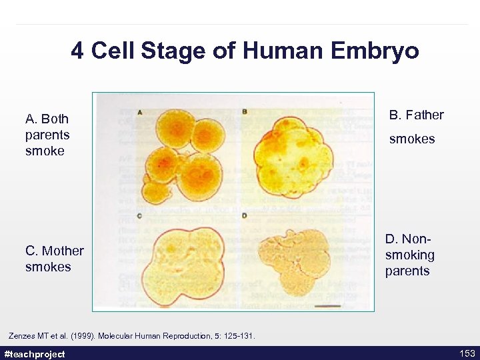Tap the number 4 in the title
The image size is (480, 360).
point(78,51)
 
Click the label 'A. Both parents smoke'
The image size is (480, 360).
point(47,135)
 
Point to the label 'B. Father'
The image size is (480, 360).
point(416,115)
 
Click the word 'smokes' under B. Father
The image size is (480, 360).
point(411,139)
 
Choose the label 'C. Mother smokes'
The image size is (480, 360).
point(54,259)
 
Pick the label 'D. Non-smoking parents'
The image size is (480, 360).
point(409,255)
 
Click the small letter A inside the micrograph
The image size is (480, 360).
point(139,112)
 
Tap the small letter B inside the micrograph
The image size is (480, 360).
point(244,111)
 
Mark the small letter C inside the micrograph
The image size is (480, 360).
point(139,215)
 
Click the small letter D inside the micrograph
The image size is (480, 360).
point(244,215)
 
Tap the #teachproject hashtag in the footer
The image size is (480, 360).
point(35,354)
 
